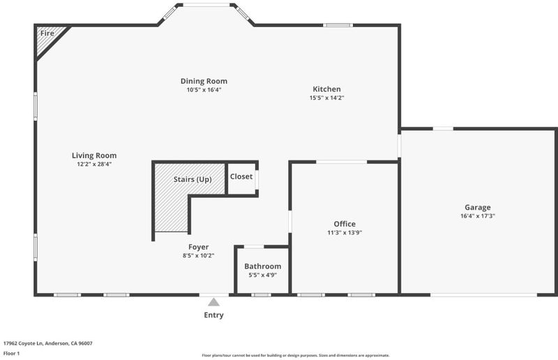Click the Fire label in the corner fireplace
tap(47, 33)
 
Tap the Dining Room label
tap(204, 81)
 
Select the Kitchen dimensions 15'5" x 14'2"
tap(326, 98)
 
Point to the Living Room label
tap(94, 156)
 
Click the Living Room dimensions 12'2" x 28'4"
tap(94, 164)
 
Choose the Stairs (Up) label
tap(193, 179)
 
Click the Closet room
tap(241, 179)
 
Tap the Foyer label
tap(199, 247)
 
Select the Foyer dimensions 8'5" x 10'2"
tap(199, 255)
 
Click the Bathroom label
tap(263, 267)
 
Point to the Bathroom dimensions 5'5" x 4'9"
tap(263, 275)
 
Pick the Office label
tap(345, 224)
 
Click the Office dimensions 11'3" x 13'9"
tap(345, 232)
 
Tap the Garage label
tap(478, 207)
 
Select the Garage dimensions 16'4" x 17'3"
tap(478, 216)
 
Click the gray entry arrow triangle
tap(213, 302)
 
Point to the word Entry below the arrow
tap(213, 315)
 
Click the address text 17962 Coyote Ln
tap(23, 344)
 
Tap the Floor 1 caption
tap(11, 354)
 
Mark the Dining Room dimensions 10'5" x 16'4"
tap(204, 90)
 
